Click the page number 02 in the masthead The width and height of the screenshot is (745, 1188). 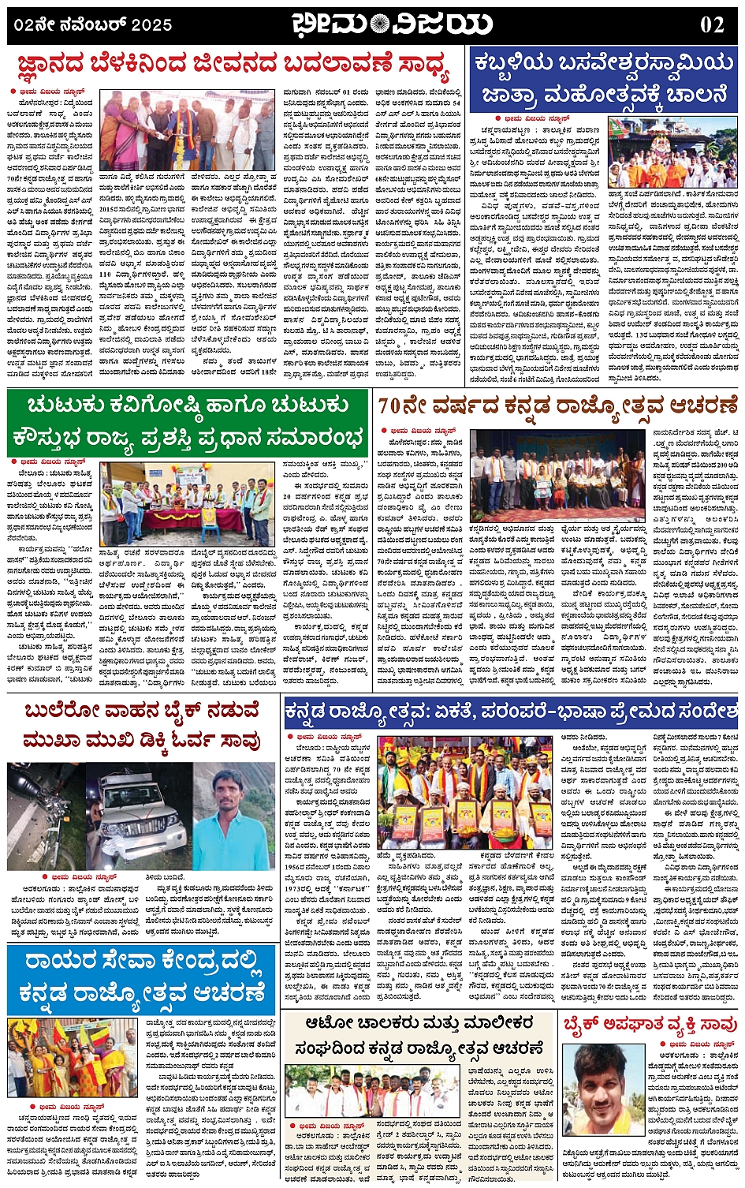pos(711,24)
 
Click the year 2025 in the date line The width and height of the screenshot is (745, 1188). pos(151,25)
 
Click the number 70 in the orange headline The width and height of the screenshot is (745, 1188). pos(393,406)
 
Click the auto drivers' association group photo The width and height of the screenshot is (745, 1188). pos(371,1091)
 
